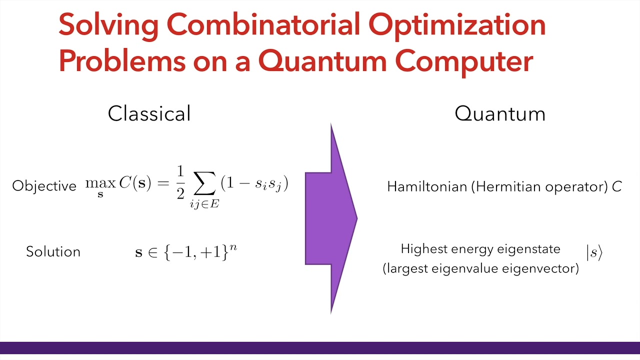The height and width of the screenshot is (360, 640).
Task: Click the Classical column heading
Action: coord(149,113)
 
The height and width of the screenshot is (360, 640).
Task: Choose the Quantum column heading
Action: coord(499,114)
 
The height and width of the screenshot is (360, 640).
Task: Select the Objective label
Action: coord(44,186)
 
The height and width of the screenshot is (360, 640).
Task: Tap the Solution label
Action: coord(53,251)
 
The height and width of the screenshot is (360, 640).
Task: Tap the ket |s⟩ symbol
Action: coord(594,253)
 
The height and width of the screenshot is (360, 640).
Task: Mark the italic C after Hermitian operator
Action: coord(616,187)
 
